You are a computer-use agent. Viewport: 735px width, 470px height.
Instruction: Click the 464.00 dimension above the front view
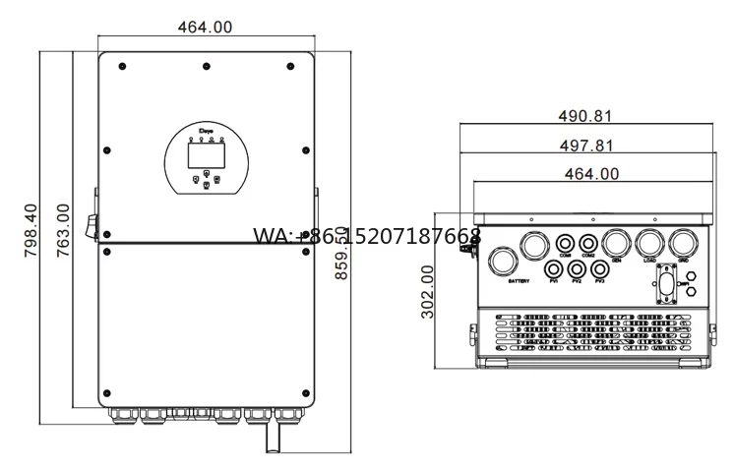pos(205,28)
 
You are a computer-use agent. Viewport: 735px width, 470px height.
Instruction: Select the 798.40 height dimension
pos(31,231)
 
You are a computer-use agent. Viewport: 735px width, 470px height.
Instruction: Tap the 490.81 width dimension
pos(586,115)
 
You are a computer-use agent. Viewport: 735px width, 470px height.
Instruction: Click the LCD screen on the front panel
pos(206,153)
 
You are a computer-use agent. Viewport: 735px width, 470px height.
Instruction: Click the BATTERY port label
pos(518,282)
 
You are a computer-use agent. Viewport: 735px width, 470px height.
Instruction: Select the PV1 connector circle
pos(555,268)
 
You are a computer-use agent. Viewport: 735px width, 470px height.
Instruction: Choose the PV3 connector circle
pos(598,268)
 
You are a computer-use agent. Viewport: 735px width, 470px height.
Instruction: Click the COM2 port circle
pos(588,243)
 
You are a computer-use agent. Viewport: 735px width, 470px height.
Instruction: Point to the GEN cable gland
pos(617,243)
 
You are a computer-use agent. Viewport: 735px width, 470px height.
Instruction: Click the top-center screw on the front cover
pos(206,66)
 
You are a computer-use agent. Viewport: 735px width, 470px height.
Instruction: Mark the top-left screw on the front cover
pos(121,66)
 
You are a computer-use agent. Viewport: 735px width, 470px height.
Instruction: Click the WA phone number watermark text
pos(367,236)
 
